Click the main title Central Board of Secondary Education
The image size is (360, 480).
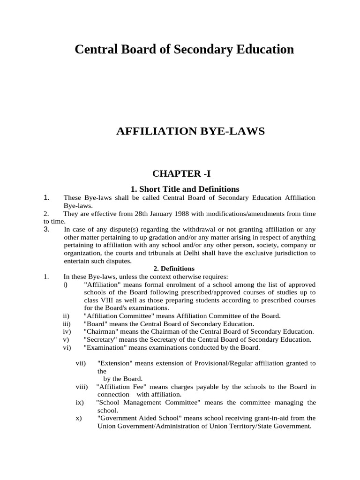point(184,49)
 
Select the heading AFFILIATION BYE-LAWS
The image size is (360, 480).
point(190,131)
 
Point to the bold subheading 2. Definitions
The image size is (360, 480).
point(174,269)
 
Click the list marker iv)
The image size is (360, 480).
point(66,331)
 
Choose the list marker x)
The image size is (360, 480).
point(79,418)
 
